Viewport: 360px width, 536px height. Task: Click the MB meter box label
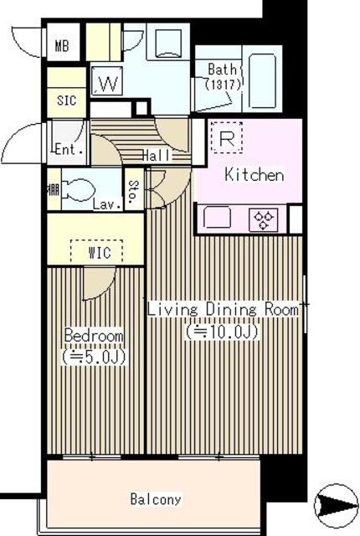point(62,45)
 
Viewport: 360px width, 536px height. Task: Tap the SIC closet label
point(66,100)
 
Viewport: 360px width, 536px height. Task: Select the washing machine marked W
point(107,81)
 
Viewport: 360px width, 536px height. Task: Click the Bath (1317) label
point(223,76)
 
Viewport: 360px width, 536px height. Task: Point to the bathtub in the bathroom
point(262,80)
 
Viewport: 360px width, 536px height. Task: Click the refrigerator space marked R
point(226,137)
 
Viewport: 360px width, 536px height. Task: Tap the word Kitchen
point(255,175)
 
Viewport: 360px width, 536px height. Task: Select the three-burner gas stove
point(264,219)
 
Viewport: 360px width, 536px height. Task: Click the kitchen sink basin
point(217,217)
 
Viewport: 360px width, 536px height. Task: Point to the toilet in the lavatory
point(78,190)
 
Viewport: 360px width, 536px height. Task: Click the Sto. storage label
point(134,190)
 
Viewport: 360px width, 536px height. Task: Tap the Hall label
point(156,156)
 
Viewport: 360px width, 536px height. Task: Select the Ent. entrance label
point(69,149)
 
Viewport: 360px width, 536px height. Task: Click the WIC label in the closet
point(100,253)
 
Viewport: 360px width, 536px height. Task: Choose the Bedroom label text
point(94,335)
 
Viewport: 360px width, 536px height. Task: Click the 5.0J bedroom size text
point(94,357)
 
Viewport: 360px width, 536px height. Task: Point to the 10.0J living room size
point(221,332)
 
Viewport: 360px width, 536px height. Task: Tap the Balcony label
point(156,499)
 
